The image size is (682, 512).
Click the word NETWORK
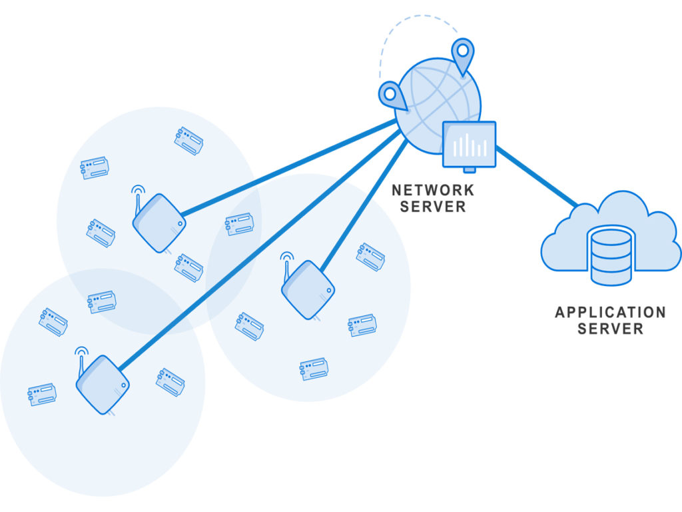433,190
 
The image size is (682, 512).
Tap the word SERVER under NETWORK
433,207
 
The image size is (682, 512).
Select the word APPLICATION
610,312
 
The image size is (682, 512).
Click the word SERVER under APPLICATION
610,329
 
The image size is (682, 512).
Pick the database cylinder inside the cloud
611,255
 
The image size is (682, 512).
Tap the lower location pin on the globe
392,95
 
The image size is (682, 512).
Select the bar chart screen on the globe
470,144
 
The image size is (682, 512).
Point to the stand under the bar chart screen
470,170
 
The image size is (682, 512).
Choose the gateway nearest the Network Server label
308,289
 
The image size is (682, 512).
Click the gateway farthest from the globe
103,385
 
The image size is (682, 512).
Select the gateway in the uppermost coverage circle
159,223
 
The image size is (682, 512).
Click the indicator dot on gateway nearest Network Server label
329,291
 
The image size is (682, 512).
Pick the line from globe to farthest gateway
260,250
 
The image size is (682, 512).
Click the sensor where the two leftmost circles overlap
102,302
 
